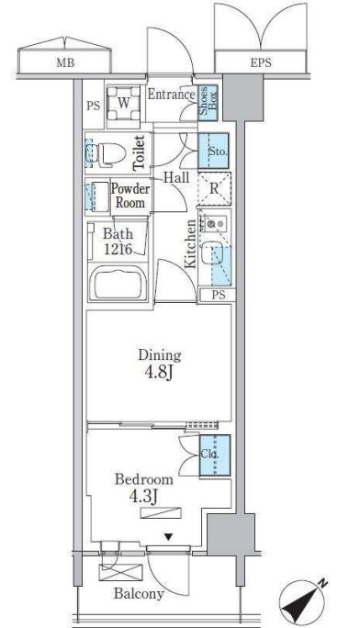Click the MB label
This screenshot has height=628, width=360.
coord(65,62)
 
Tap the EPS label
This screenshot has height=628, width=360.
coord(261,62)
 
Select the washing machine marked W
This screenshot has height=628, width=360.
coord(124,104)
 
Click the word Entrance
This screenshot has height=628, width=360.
coord(172,95)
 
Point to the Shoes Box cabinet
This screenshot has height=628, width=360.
coord(208,103)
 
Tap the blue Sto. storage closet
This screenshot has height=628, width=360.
coord(214,151)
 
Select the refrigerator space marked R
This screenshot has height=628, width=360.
coord(215,188)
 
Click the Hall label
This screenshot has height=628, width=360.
coord(176,177)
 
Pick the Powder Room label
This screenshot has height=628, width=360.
coord(130,196)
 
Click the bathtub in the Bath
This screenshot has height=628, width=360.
coord(118,284)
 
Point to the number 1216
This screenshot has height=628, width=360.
coord(118,249)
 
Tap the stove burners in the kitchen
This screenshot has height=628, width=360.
coord(215,222)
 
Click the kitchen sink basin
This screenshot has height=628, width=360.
coord(210,252)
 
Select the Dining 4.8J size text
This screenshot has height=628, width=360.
coord(160,364)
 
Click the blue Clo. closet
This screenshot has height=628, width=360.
coord(215,455)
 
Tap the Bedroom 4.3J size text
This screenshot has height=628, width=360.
coord(144,488)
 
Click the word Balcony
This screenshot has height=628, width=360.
coord(139,593)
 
